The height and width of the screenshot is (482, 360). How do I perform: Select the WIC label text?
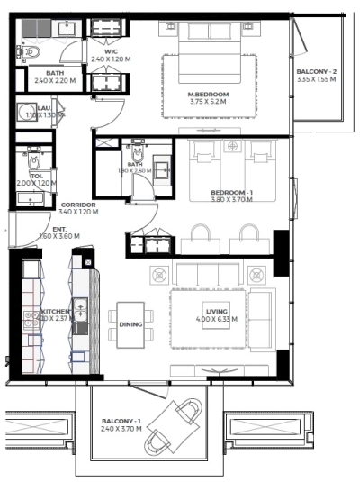click(111, 52)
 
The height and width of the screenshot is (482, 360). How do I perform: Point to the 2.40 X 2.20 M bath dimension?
click(54, 81)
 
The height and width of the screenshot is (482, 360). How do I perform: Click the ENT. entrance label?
click(58, 229)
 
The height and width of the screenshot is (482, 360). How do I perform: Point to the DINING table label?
click(130, 323)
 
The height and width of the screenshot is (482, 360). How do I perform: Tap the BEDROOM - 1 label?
click(232, 193)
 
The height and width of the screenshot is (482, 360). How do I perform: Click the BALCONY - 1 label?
click(120, 422)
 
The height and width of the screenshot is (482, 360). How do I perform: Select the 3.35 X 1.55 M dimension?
click(316, 79)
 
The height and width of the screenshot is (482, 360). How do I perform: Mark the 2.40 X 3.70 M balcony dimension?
click(120, 429)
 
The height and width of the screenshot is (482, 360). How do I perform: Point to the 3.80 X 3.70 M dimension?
click(232, 200)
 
